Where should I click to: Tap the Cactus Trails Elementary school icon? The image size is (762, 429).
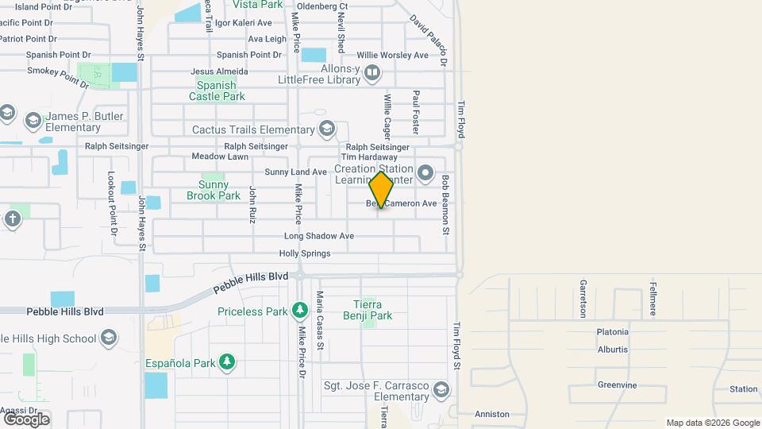[x=326, y=129]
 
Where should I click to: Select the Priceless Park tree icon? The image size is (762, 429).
[x=299, y=310]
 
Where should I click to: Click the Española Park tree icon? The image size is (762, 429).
[x=227, y=363]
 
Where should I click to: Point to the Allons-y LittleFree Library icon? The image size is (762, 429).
[x=372, y=74]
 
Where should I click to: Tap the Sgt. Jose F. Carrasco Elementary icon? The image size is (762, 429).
[x=441, y=390]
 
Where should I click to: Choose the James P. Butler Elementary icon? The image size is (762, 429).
[x=33, y=121]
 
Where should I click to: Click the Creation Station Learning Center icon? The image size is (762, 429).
[x=425, y=172]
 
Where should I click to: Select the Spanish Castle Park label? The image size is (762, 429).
[x=217, y=91]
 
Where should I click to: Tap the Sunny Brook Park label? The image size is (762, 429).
[x=214, y=190]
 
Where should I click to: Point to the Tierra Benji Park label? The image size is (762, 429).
[x=372, y=310]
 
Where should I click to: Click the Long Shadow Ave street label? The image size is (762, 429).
[x=319, y=236]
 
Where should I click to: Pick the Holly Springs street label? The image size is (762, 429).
[x=305, y=253]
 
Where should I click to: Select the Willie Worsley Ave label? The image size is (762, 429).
[x=392, y=55]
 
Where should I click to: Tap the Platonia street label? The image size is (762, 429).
[x=613, y=331]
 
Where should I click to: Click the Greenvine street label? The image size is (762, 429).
[x=618, y=385]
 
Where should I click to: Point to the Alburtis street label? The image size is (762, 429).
[x=612, y=349]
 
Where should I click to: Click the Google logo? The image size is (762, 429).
[x=26, y=419]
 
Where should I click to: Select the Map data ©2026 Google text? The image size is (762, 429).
[x=713, y=423]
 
